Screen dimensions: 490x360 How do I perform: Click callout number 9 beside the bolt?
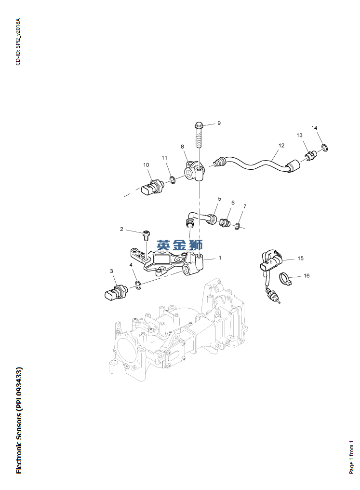(x=218, y=123)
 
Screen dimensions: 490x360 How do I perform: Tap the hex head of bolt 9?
(x=199, y=126)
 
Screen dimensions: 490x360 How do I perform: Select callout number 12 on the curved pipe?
(x=281, y=145)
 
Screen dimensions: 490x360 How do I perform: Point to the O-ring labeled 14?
(x=325, y=147)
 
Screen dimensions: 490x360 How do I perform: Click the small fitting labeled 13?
(x=311, y=155)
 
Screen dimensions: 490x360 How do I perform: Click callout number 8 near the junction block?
(x=183, y=146)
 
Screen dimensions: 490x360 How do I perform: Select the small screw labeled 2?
(x=146, y=235)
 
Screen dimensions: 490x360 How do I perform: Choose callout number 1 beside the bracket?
(x=220, y=258)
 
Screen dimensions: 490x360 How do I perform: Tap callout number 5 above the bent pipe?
(x=219, y=199)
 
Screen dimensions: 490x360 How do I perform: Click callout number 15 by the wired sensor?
(x=300, y=259)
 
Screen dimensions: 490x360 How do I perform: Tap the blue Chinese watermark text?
(x=180, y=245)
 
